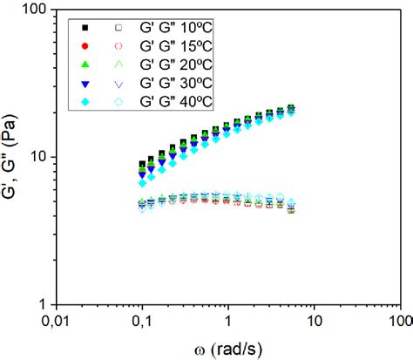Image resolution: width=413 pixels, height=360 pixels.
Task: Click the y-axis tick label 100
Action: [x=33, y=11]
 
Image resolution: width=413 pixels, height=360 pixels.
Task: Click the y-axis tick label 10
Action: [x=37, y=158]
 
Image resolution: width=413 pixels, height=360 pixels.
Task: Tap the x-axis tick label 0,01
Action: [x=57, y=322]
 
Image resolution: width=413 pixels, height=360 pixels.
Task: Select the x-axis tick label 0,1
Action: [x=143, y=322]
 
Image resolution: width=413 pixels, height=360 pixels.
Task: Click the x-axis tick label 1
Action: [x=228, y=322]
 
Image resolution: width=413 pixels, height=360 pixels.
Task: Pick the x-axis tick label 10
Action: [x=314, y=322]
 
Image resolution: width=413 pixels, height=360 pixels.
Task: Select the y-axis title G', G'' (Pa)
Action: [x=11, y=158]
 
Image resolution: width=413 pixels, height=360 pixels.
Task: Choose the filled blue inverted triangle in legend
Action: [x=85, y=84]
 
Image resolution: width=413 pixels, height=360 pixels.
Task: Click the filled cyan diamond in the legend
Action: [x=85, y=102]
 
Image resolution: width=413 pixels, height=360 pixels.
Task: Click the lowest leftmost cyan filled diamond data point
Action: [x=142, y=183]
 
